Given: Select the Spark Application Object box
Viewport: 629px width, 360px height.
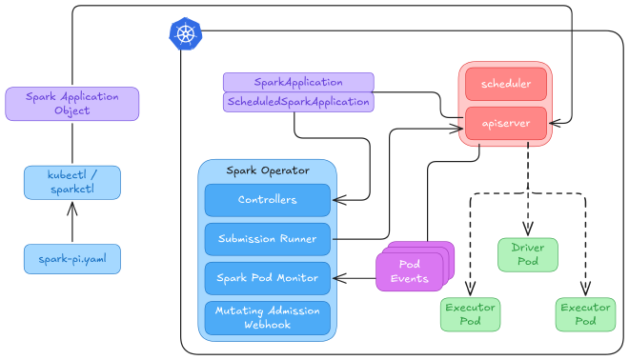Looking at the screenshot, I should [x=71, y=104].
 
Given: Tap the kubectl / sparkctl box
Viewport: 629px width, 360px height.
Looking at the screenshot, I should [x=71, y=182].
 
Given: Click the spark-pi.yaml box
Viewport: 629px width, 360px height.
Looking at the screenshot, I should [x=71, y=258].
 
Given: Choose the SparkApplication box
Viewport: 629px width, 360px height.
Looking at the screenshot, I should [x=297, y=83].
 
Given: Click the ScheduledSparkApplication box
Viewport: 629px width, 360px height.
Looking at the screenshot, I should [x=297, y=102].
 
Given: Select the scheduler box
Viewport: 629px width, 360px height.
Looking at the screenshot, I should [x=505, y=84].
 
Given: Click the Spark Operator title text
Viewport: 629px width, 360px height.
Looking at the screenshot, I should [x=267, y=170].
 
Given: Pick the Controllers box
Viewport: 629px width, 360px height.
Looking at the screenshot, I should [x=267, y=200].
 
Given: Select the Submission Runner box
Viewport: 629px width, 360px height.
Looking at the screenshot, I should [x=267, y=239].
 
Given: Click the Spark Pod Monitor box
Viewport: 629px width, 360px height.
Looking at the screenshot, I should [x=267, y=278].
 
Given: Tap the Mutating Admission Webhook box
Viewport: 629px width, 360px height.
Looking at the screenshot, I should [x=267, y=317].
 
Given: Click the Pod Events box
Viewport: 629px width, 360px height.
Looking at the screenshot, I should [x=414, y=271].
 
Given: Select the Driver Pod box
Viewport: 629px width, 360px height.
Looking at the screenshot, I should [x=527, y=254].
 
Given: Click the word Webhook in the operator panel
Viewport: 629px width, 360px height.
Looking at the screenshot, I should [x=267, y=325].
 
